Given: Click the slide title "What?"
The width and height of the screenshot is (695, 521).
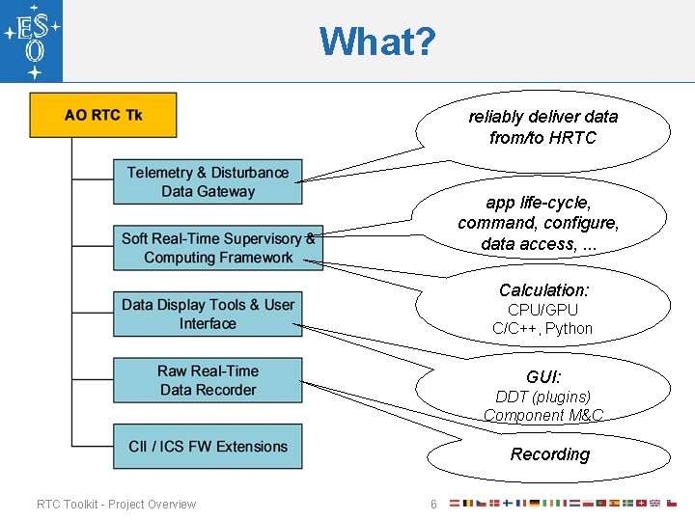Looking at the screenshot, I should [x=377, y=41].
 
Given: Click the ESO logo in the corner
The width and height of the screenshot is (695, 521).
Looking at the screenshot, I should [x=32, y=41].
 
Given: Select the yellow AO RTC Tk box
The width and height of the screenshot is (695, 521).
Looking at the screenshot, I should [x=103, y=115].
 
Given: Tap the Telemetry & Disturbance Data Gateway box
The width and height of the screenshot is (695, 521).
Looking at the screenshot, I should [x=208, y=181].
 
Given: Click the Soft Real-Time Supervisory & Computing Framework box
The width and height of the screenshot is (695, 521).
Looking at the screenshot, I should [x=217, y=248].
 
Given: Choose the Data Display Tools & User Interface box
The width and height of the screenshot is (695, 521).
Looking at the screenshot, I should [x=208, y=314].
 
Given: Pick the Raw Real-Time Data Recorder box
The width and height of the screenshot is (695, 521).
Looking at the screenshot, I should [x=208, y=380].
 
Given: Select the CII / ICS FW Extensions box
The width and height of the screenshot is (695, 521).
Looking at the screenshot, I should [x=208, y=447].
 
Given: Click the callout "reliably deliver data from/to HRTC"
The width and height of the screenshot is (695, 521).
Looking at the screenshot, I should [x=542, y=126].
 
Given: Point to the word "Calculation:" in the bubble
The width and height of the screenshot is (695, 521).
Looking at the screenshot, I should [x=543, y=289].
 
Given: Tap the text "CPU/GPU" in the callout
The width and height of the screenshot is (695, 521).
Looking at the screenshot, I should [x=542, y=310].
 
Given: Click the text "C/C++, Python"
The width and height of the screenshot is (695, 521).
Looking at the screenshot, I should [x=542, y=328].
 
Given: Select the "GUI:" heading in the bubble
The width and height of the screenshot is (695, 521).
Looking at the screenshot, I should [x=543, y=376].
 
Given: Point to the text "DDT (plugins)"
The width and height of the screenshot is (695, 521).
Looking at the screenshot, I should [x=542, y=397].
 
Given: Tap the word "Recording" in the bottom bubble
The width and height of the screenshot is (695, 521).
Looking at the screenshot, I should [x=549, y=454].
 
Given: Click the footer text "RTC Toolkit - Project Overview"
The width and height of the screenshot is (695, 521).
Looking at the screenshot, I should [x=116, y=504].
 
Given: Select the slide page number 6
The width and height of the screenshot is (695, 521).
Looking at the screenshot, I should [x=433, y=505].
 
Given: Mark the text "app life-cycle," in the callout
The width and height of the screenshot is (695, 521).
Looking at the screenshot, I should [x=539, y=203].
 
